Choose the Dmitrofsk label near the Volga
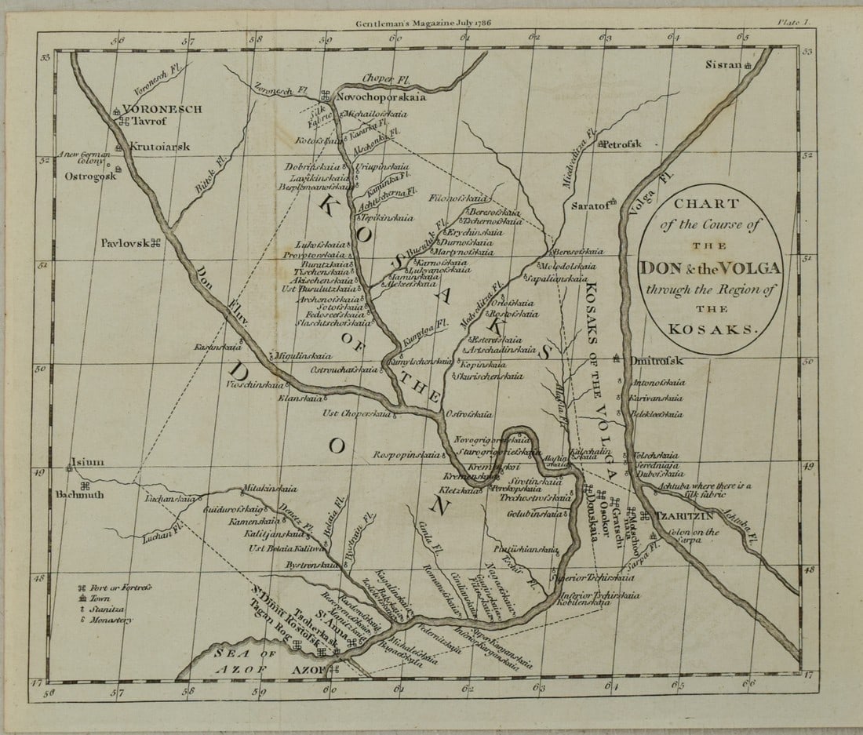pyautogui.click(x=657, y=361)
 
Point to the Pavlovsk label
pyautogui.click(x=125, y=242)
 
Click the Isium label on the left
pyautogui.click(x=86, y=462)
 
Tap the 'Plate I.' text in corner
pyautogui.click(x=794, y=24)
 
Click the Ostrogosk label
pyautogui.click(x=90, y=176)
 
